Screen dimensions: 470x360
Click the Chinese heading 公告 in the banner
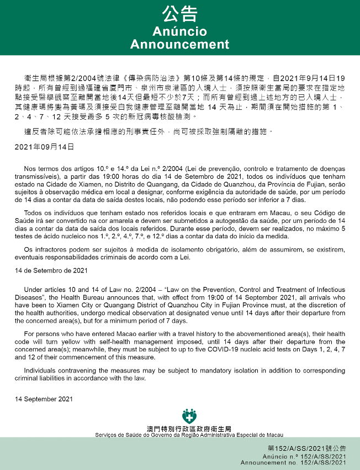point(179,13)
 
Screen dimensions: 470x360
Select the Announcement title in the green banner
point(179,44)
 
